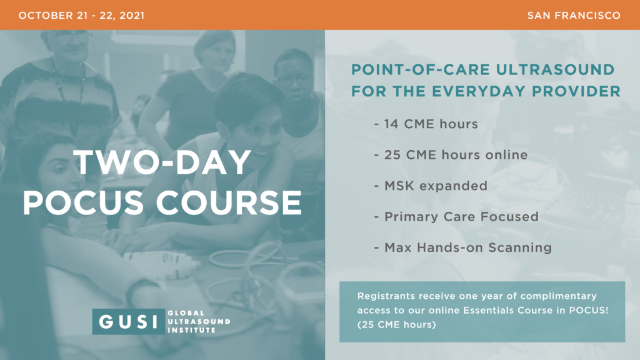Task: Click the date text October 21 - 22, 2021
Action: [x=81, y=16]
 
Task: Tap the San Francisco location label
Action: [x=574, y=16]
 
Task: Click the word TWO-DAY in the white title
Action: [x=162, y=162]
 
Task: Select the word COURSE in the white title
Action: [x=229, y=202]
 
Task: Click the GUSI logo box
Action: [x=129, y=322]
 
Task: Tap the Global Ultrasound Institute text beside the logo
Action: [x=199, y=322]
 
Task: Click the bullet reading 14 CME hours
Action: [x=426, y=124]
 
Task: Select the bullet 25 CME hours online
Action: [x=451, y=155]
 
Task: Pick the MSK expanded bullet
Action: [x=431, y=186]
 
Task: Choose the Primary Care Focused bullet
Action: [x=456, y=217]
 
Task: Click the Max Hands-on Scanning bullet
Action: [x=463, y=247]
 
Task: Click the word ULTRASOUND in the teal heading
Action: [x=555, y=70]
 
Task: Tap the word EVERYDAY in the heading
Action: [x=478, y=91]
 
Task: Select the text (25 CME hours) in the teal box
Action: [x=397, y=324]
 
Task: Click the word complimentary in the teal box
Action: [x=558, y=296]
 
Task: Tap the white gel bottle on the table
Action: [x=162, y=260]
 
